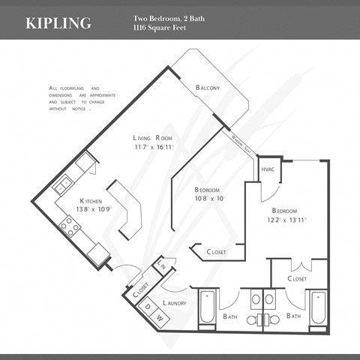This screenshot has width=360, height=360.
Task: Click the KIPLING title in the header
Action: (x=58, y=22)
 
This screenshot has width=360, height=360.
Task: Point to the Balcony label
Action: (x=208, y=88)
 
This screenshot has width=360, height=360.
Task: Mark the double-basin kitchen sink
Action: (x=65, y=181)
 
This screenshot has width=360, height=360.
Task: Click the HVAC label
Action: (x=268, y=169)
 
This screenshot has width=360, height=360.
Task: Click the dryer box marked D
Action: (x=147, y=306)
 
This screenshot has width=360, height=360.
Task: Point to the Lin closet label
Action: (x=162, y=265)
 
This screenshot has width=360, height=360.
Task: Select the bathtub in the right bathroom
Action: (x=318, y=310)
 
